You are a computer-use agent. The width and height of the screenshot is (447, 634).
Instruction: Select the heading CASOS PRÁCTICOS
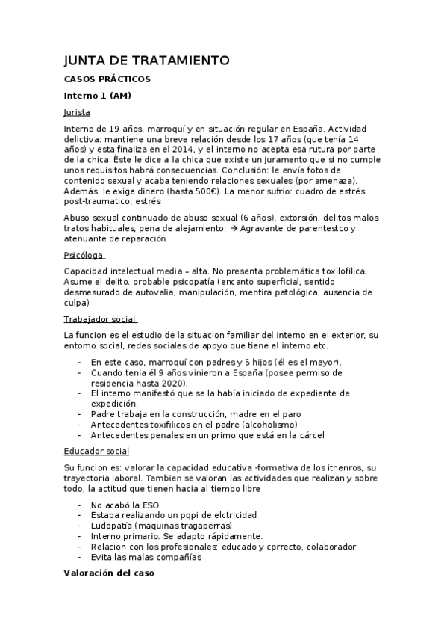tap(107, 79)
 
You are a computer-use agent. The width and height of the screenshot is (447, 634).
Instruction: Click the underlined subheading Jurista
tap(77, 112)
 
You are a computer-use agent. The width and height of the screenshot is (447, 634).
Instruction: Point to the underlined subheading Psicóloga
tap(84, 255)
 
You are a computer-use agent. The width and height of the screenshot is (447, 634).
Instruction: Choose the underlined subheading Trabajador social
tap(99, 319)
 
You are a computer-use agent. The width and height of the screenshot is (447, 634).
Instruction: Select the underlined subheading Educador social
tap(96, 451)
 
